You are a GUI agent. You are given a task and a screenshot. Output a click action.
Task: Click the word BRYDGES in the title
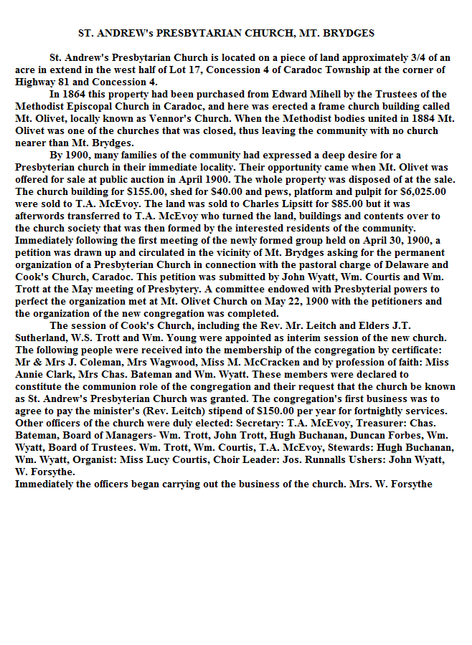click(351, 33)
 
